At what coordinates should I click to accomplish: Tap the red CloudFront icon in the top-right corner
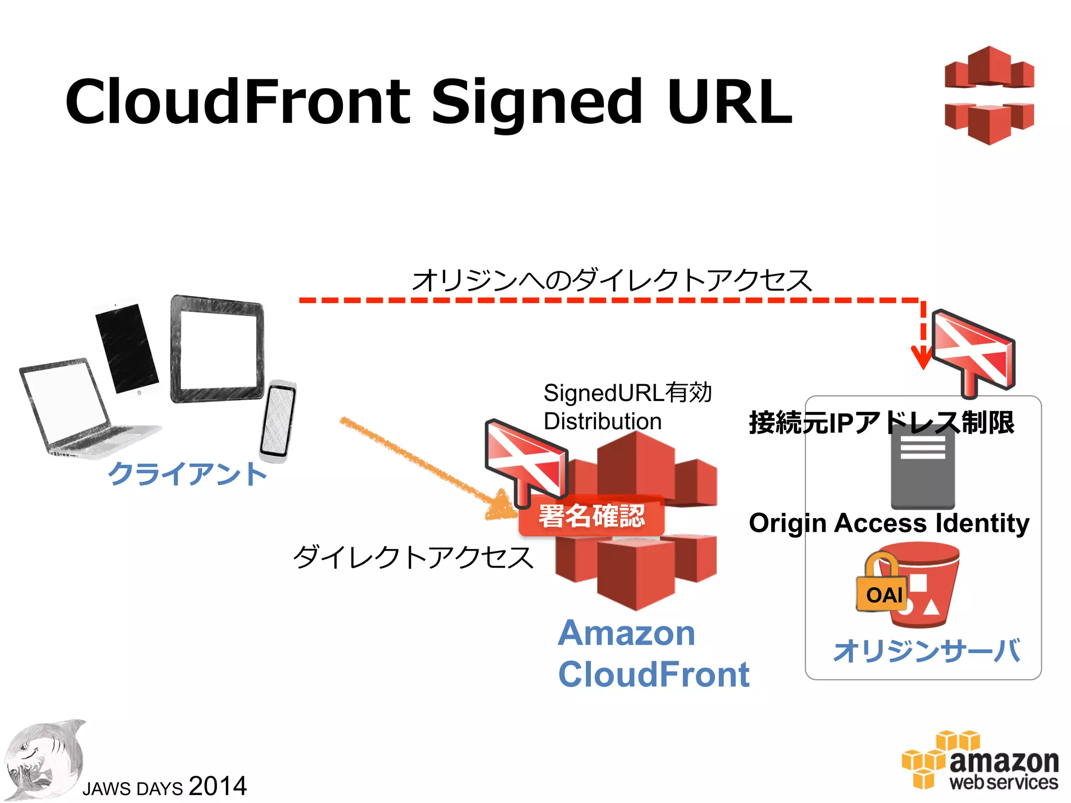(989, 95)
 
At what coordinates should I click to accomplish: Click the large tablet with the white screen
(217, 349)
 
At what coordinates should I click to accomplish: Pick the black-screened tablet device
(127, 348)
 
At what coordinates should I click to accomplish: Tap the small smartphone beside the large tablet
(278, 421)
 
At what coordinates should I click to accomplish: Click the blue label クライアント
(187, 474)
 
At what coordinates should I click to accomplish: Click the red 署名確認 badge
(591, 516)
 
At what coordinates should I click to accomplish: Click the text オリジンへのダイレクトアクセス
(611, 281)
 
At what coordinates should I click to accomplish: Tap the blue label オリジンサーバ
(927, 651)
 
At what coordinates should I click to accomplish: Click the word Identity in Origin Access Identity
(983, 523)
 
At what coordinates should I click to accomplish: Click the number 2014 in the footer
(218, 786)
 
